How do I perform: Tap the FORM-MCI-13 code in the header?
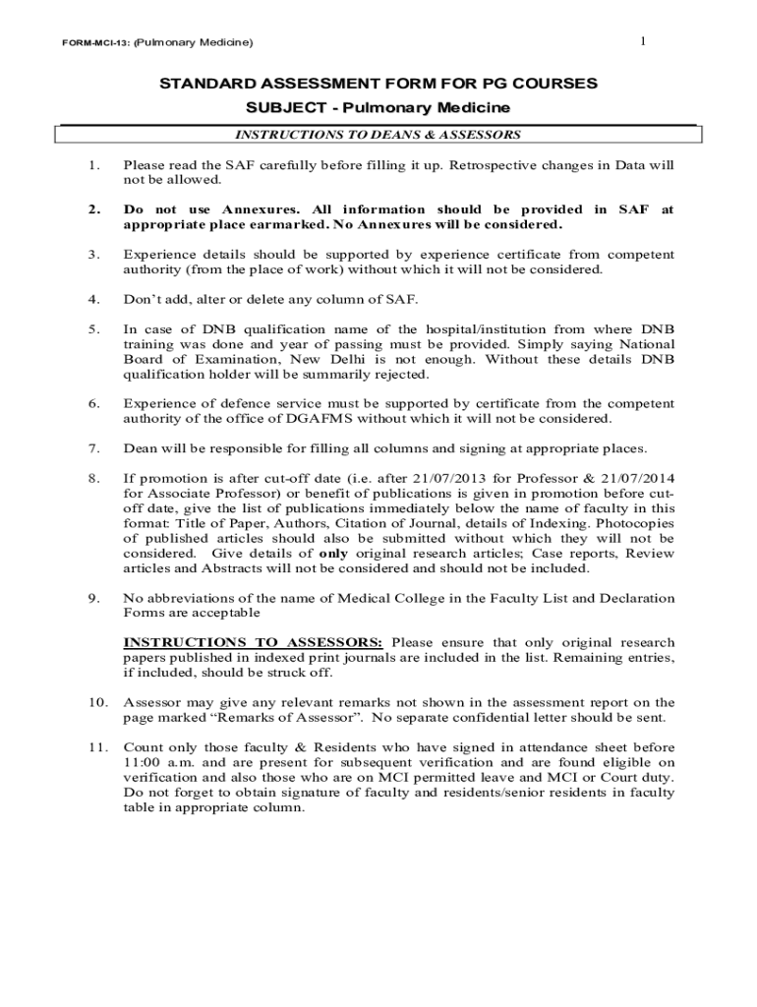coord(88,43)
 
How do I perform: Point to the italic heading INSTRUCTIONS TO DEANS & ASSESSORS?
coord(378,135)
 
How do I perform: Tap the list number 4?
coord(93,299)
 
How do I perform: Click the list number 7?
coord(93,448)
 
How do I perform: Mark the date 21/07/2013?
coord(427,478)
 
